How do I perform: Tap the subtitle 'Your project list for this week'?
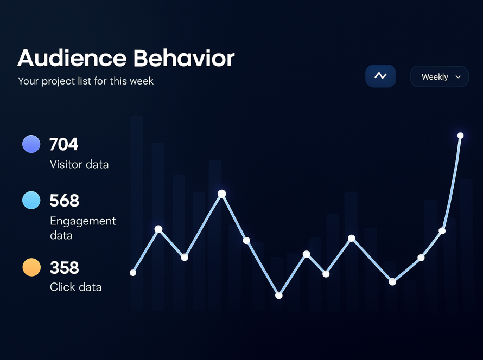pyautogui.click(x=86, y=81)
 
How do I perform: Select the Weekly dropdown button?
pyautogui.click(x=439, y=77)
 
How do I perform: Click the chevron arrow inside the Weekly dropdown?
pyautogui.click(x=458, y=77)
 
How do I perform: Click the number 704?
pyautogui.click(x=64, y=144)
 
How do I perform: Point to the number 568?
pyautogui.click(x=64, y=201)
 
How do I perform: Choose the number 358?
pyautogui.click(x=64, y=268)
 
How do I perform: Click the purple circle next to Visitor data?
pyautogui.click(x=31, y=144)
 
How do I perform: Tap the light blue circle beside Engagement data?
pyautogui.click(x=31, y=200)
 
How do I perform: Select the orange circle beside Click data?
pyautogui.click(x=31, y=267)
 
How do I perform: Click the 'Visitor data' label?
pyautogui.click(x=79, y=164)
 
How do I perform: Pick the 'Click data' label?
pyautogui.click(x=75, y=287)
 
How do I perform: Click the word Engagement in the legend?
pyautogui.click(x=83, y=221)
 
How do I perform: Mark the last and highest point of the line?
pyautogui.click(x=460, y=136)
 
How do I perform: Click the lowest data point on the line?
pyautogui.click(x=279, y=295)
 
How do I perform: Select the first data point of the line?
pyautogui.click(x=133, y=273)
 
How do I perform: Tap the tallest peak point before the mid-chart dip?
pyautogui.click(x=222, y=194)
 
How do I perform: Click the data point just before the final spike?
pyautogui.click(x=442, y=230)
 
